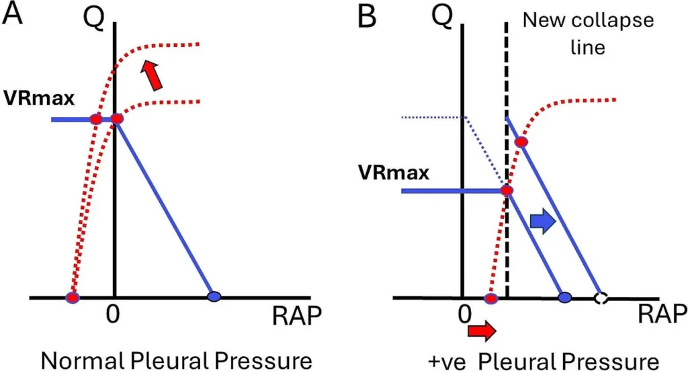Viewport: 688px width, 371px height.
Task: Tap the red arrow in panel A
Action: click(153, 75)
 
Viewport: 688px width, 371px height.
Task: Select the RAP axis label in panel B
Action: click(662, 313)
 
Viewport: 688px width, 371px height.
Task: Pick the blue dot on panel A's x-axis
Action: click(214, 296)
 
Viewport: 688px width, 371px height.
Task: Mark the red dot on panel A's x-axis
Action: click(73, 296)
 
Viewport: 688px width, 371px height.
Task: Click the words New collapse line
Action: click(587, 33)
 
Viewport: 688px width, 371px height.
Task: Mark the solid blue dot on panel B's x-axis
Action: click(565, 297)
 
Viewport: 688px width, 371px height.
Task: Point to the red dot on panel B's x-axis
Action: click(491, 298)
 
